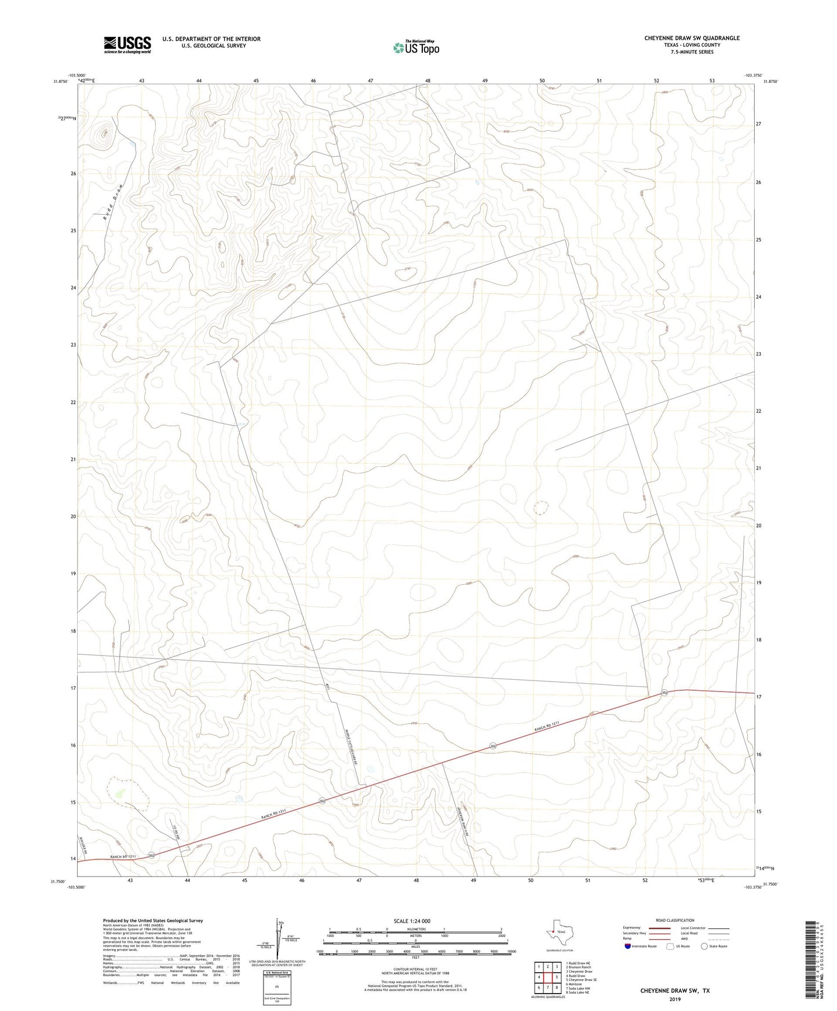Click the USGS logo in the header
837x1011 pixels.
pyautogui.click(x=127, y=45)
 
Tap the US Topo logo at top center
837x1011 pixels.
pyautogui.click(x=416, y=47)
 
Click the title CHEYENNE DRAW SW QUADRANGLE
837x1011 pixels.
pyautogui.click(x=692, y=38)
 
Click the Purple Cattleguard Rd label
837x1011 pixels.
pyautogui.click(x=349, y=748)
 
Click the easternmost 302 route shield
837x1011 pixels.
pyautogui.click(x=664, y=693)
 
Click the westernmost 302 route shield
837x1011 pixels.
pyautogui.click(x=151, y=855)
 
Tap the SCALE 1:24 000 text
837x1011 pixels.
pyautogui.click(x=412, y=921)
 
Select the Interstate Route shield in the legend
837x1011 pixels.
pyautogui.click(x=628, y=946)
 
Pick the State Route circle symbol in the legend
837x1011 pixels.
pyautogui.click(x=704, y=946)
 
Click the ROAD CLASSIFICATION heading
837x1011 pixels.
pyautogui.click(x=675, y=920)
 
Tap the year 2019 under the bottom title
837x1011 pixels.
pyautogui.click(x=675, y=999)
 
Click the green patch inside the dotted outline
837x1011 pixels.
pyautogui.click(x=120, y=792)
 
